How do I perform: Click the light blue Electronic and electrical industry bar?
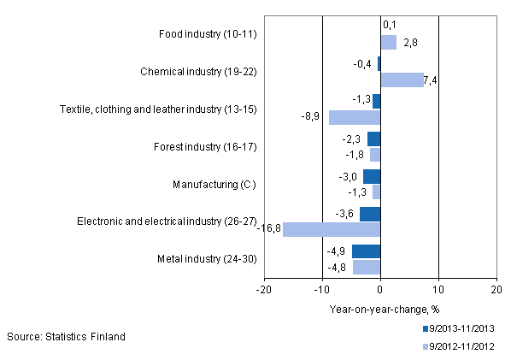(332, 229)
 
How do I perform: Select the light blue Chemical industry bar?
(402, 80)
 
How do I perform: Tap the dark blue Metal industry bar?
(366, 251)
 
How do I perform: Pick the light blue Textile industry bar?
(355, 117)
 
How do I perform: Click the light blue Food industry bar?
(388, 42)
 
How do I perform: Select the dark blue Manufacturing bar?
(372, 176)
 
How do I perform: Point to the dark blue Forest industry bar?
(373, 139)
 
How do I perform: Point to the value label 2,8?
(409, 42)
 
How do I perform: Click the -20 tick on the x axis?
(264, 290)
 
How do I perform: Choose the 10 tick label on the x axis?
(438, 290)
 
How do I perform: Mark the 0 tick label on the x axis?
(380, 290)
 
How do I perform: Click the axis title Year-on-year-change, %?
(381, 310)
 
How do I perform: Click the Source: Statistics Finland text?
(67, 336)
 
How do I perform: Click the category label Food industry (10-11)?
(209, 35)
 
